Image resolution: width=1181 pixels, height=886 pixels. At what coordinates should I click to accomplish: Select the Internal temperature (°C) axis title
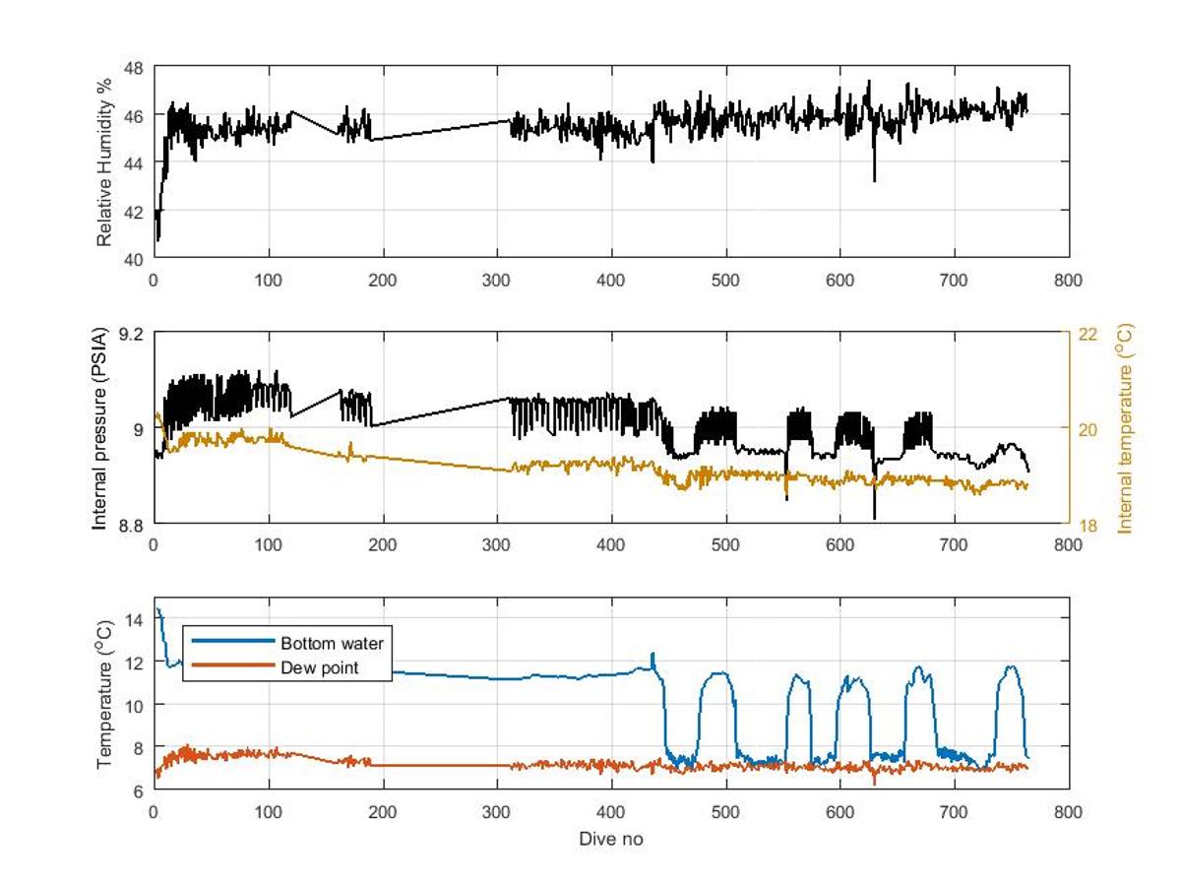click(1126, 428)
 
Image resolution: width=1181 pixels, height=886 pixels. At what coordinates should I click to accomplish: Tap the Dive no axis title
click(611, 839)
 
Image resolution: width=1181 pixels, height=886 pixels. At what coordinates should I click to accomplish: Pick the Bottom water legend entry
click(331, 644)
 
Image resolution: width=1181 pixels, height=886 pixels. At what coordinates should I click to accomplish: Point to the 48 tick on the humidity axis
click(134, 67)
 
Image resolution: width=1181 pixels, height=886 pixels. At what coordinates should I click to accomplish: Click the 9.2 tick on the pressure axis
click(130, 334)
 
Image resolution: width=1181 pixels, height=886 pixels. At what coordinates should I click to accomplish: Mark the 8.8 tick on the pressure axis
click(130, 525)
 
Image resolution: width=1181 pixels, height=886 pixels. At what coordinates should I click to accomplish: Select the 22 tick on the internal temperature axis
click(1087, 334)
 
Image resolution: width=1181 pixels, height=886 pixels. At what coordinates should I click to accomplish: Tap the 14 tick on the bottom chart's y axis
click(134, 618)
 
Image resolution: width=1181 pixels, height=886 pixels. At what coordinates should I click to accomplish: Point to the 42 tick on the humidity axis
click(134, 211)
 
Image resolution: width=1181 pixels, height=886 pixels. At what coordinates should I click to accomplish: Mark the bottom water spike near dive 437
click(652, 653)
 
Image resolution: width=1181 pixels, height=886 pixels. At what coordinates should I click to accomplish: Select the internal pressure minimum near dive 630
click(874, 518)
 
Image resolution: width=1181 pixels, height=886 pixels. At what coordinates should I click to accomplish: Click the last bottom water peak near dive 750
click(1010, 667)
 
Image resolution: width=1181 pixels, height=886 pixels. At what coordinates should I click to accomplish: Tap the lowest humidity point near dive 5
click(157, 239)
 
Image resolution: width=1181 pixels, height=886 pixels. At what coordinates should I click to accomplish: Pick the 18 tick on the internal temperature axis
click(1087, 525)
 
